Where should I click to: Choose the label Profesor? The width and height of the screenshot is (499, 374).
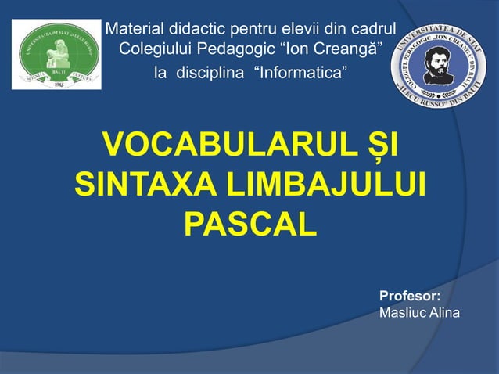point(410,297)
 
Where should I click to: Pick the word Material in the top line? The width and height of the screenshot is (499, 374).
point(135,31)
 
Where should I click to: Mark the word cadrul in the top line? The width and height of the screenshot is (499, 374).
point(374,31)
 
